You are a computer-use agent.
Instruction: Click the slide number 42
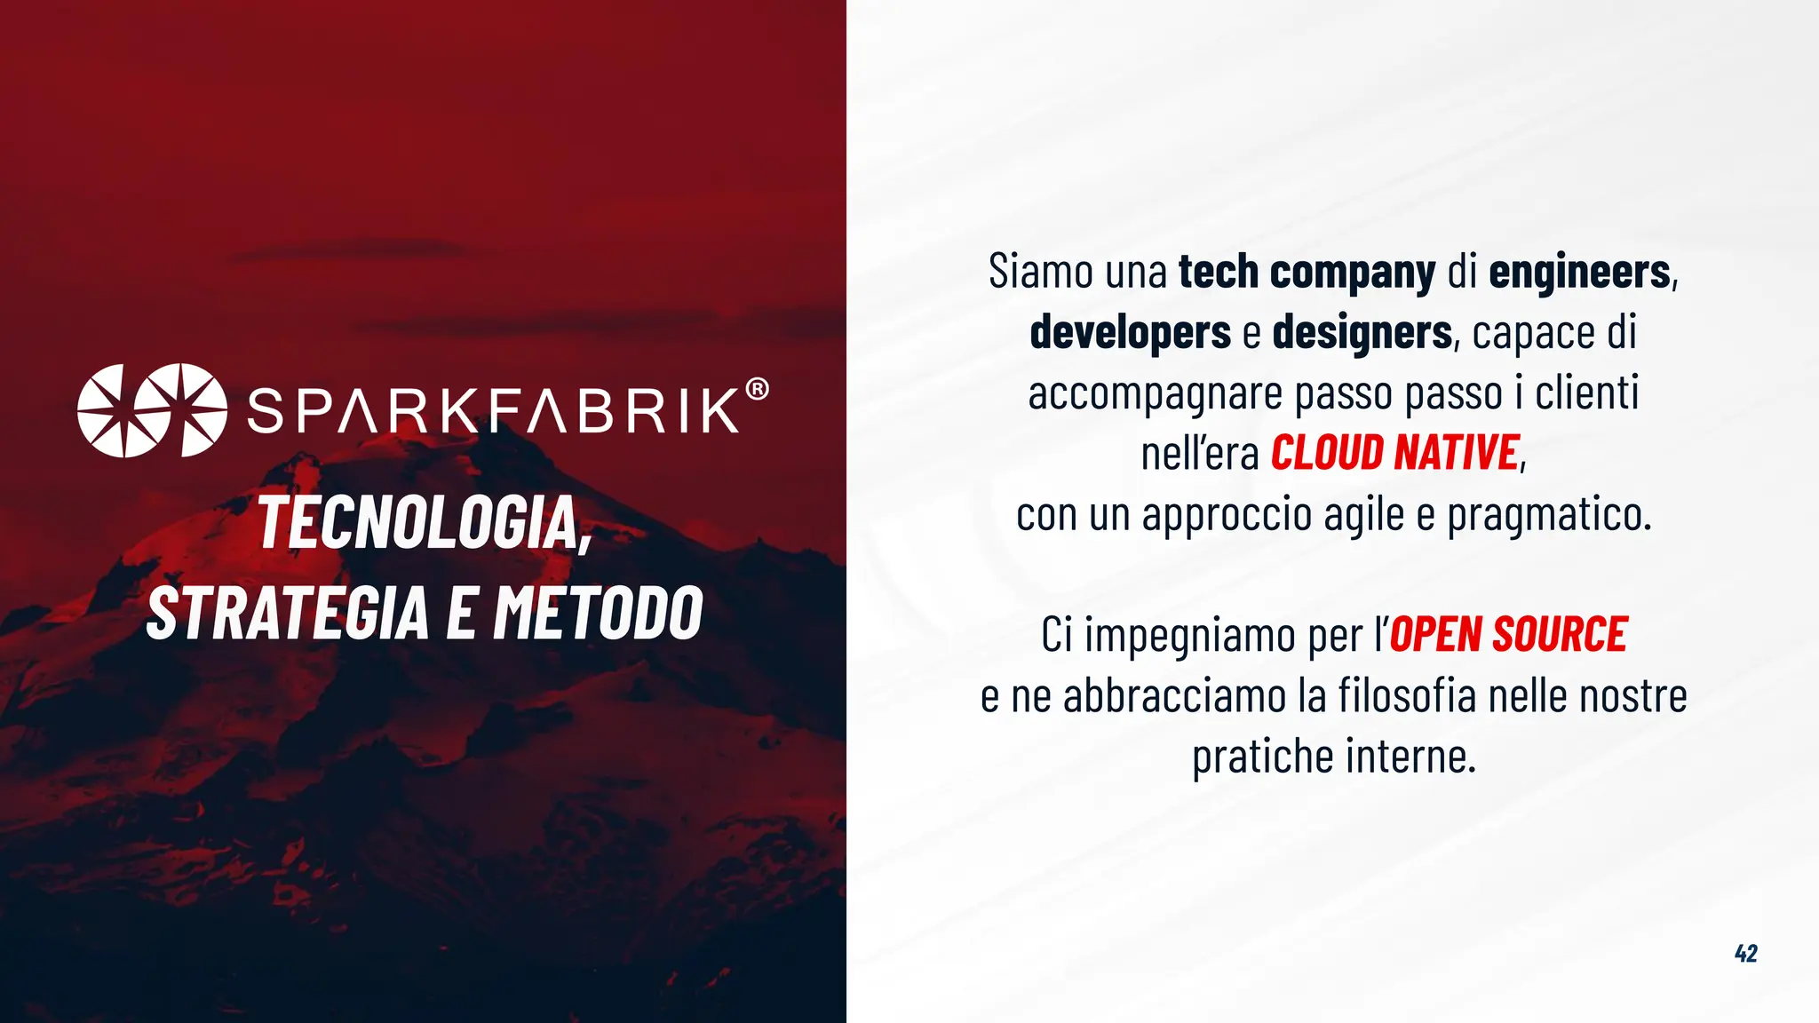1745,954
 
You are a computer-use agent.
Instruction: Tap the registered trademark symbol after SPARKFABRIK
757,389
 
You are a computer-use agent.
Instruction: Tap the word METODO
599,613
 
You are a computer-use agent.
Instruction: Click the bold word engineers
1579,272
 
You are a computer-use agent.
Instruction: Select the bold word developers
1130,332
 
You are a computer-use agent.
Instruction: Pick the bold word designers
1362,332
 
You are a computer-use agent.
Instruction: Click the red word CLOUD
1327,453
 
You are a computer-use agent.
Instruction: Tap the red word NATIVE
1457,453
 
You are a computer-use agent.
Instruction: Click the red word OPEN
1435,635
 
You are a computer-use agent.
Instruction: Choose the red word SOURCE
1560,635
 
